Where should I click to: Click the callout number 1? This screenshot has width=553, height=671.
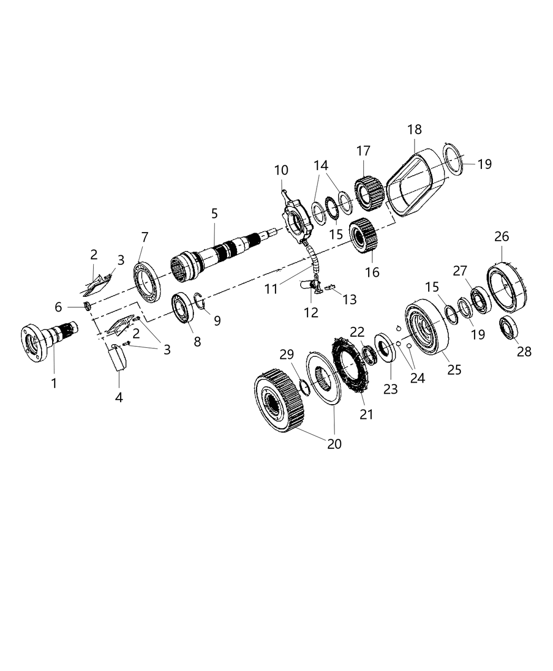54,384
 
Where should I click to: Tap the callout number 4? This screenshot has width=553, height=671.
119,397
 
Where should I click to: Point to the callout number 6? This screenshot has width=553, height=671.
58,307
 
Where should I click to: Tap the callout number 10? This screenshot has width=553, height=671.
281,171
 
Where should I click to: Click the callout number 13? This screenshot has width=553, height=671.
349,299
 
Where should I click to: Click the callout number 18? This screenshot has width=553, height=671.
414,129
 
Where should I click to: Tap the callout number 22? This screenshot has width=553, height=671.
357,332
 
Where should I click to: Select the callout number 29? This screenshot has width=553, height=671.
287,355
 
